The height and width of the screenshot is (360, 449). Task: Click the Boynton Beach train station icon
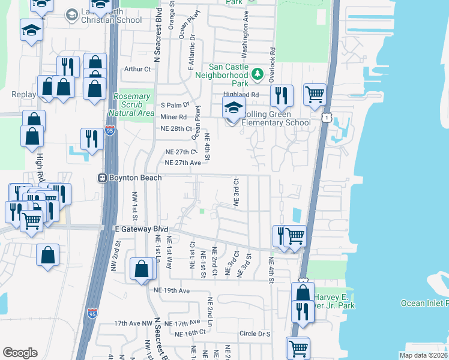103,178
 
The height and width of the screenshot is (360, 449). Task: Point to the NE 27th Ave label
182,163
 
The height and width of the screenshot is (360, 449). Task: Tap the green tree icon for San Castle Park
258,74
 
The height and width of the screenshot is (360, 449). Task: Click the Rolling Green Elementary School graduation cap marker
234,109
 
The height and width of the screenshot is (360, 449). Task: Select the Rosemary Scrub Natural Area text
131,104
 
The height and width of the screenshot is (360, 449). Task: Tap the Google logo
20,352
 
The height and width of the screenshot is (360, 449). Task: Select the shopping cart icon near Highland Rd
314,94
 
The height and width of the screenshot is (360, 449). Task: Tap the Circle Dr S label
255,334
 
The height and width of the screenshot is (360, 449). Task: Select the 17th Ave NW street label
134,323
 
